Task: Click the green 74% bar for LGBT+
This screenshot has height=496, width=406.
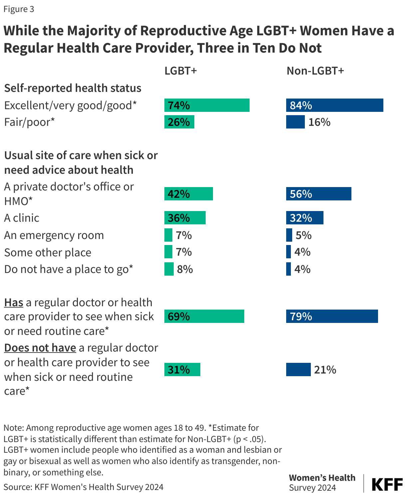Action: pos(207,105)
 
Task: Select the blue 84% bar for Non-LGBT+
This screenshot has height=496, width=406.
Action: pos(334,105)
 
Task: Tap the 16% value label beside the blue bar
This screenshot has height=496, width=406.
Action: pos(319,122)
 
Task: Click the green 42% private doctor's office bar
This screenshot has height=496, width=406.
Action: pos(188,194)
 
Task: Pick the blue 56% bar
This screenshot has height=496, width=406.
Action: pos(318,194)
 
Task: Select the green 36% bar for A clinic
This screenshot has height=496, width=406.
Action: pos(185,218)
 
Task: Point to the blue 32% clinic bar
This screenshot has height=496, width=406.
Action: pos(304,218)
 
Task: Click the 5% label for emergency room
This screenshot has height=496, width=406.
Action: pos(304,235)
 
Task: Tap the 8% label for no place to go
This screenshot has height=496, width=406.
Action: pos(185,269)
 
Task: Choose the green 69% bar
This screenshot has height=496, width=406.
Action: pos(204,316)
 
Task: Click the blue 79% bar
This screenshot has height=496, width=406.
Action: pos(332,316)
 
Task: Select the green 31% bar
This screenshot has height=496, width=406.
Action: pos(182,370)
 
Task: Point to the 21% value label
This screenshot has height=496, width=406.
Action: pos(325,370)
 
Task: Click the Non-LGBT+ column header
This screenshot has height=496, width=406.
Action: pos(315,71)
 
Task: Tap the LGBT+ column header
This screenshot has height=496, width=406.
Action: pos(181,71)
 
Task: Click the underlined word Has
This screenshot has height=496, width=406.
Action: pos(14,303)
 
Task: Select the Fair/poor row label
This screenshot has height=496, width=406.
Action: pos(29,122)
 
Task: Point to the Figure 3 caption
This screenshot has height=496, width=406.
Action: pos(19,9)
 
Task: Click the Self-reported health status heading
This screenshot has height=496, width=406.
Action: pos(73,88)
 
